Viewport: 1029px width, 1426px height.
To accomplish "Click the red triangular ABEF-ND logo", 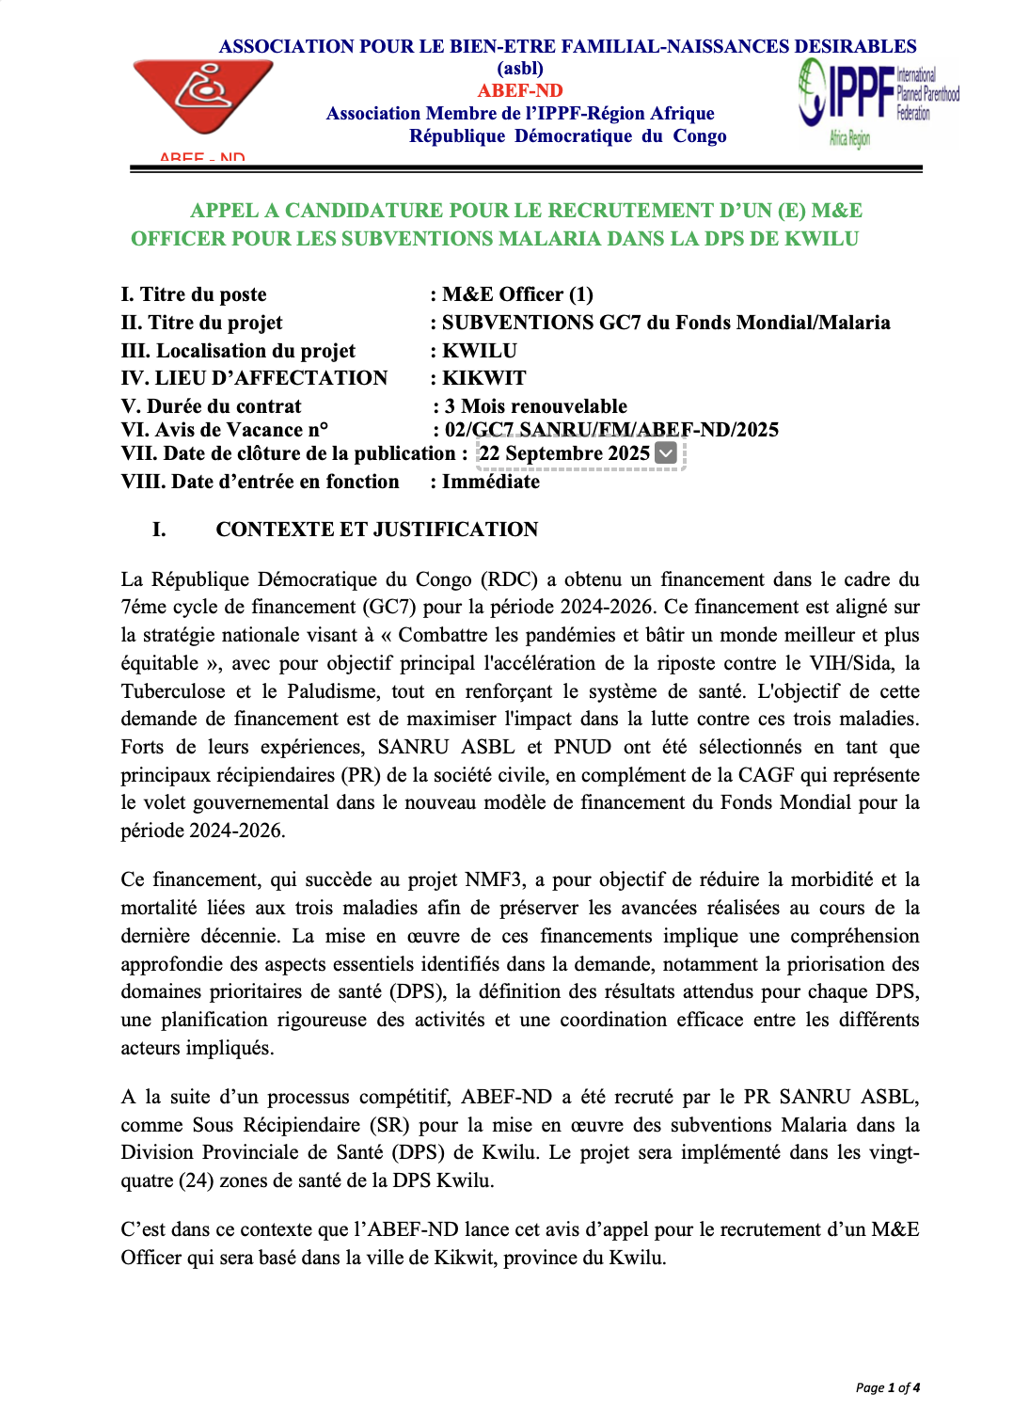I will click(203, 97).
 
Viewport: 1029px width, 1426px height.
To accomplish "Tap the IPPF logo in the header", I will click(877, 101).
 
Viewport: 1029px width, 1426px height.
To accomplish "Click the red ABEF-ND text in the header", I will click(520, 90).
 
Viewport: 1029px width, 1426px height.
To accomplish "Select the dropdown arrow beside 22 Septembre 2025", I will click(665, 453).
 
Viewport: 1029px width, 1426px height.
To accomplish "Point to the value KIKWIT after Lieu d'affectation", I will click(484, 378).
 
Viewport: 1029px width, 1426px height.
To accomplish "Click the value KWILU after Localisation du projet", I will click(480, 351).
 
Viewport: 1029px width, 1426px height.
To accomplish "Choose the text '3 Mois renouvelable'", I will click(535, 406).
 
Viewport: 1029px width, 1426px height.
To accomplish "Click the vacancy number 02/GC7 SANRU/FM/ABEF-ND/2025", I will click(611, 430).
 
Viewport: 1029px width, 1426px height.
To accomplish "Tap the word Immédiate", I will click(491, 482).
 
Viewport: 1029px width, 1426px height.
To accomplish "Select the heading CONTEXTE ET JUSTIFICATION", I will click(376, 530).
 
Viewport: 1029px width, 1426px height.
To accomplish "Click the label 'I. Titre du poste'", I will click(194, 294).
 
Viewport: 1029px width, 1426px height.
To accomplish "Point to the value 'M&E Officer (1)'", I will click(517, 294).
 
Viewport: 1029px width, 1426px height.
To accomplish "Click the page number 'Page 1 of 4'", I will click(887, 1387).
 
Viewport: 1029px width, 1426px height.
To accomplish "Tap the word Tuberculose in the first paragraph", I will click(173, 691).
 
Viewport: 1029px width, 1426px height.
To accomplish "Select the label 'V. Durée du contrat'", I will click(212, 406).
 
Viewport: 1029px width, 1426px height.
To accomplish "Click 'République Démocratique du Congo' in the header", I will click(567, 136).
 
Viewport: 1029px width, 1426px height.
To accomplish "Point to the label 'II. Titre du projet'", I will click(201, 323).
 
